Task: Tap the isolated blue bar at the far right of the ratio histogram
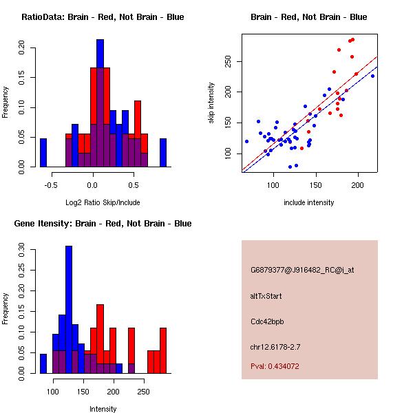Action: [x=163, y=153]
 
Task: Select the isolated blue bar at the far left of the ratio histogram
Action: [x=43, y=153]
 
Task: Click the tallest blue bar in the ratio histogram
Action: [x=100, y=103]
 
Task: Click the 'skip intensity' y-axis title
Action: [x=211, y=103]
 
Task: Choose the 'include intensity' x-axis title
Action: [x=308, y=202]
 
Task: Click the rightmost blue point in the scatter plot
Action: [x=372, y=76]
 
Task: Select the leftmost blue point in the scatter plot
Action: [x=246, y=141]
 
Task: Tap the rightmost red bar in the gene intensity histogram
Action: [x=163, y=350]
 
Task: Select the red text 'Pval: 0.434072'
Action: [x=275, y=366]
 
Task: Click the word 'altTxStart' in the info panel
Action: [x=266, y=296]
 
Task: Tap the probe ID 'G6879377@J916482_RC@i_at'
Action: [x=302, y=271]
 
